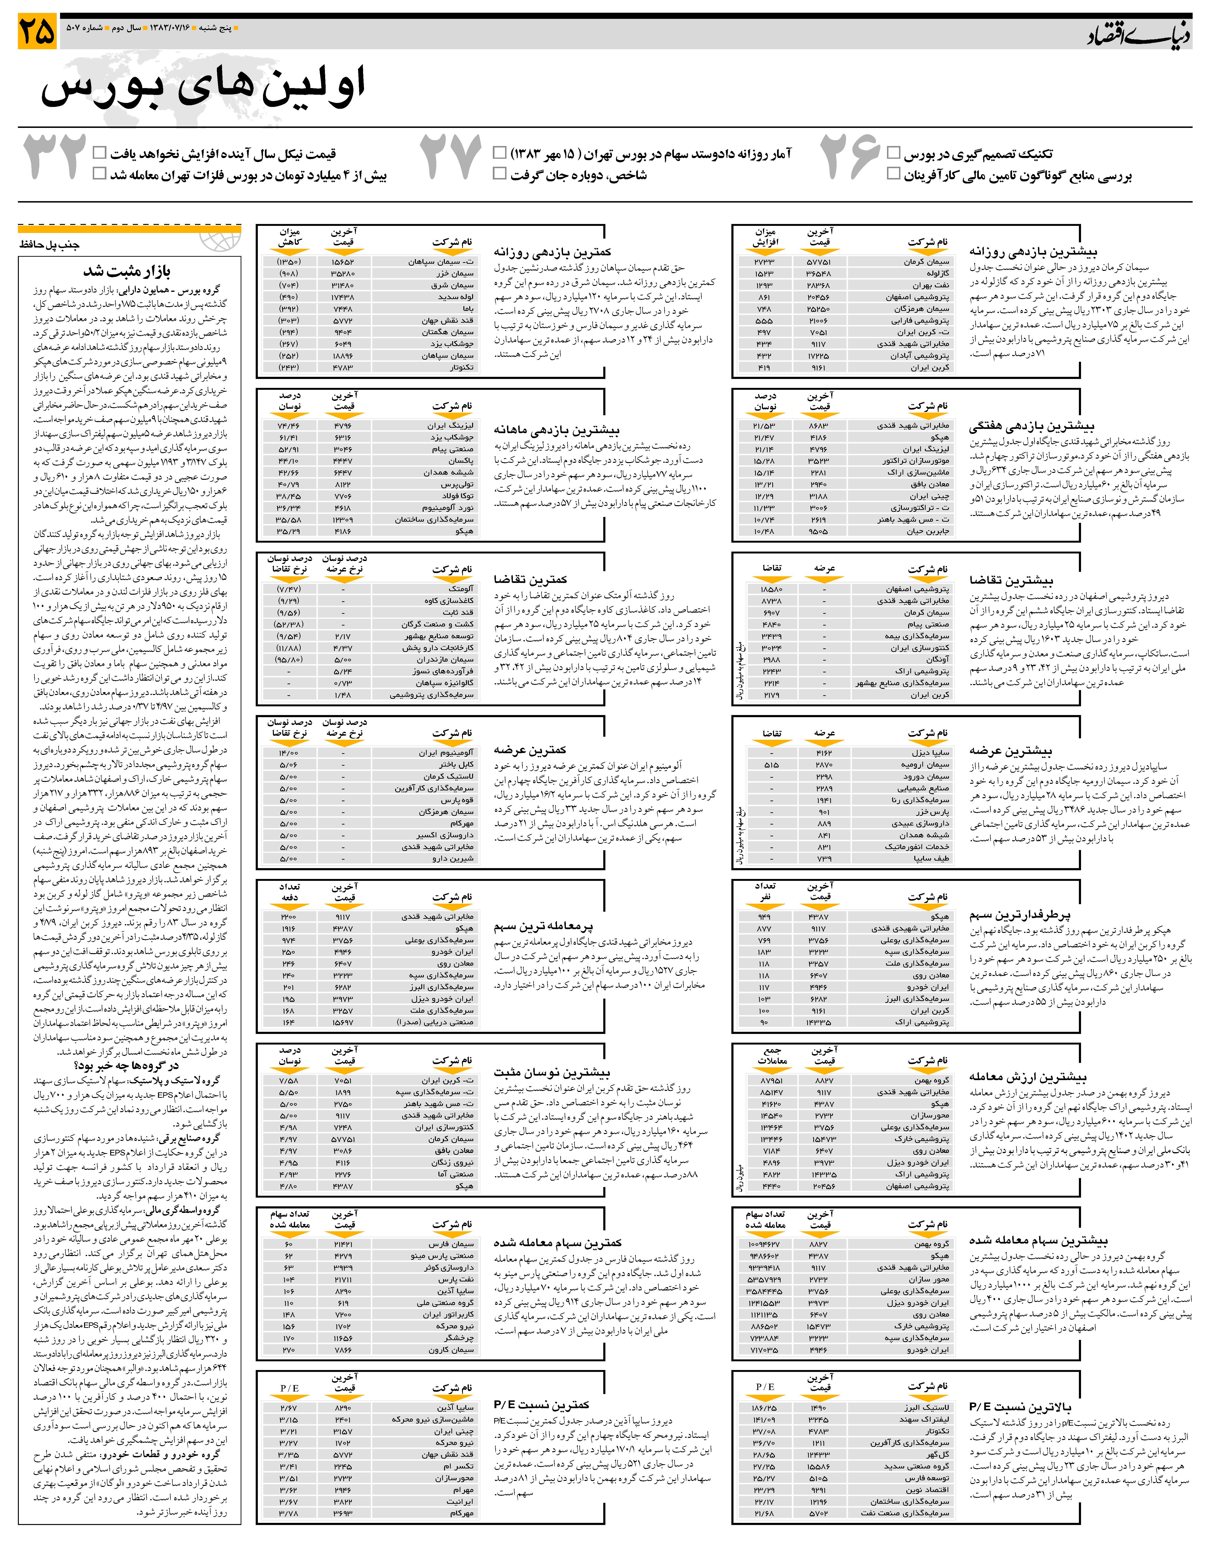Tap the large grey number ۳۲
[x=55, y=157]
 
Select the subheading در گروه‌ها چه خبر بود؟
[x=126, y=1065]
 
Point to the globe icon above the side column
[x=220, y=240]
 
